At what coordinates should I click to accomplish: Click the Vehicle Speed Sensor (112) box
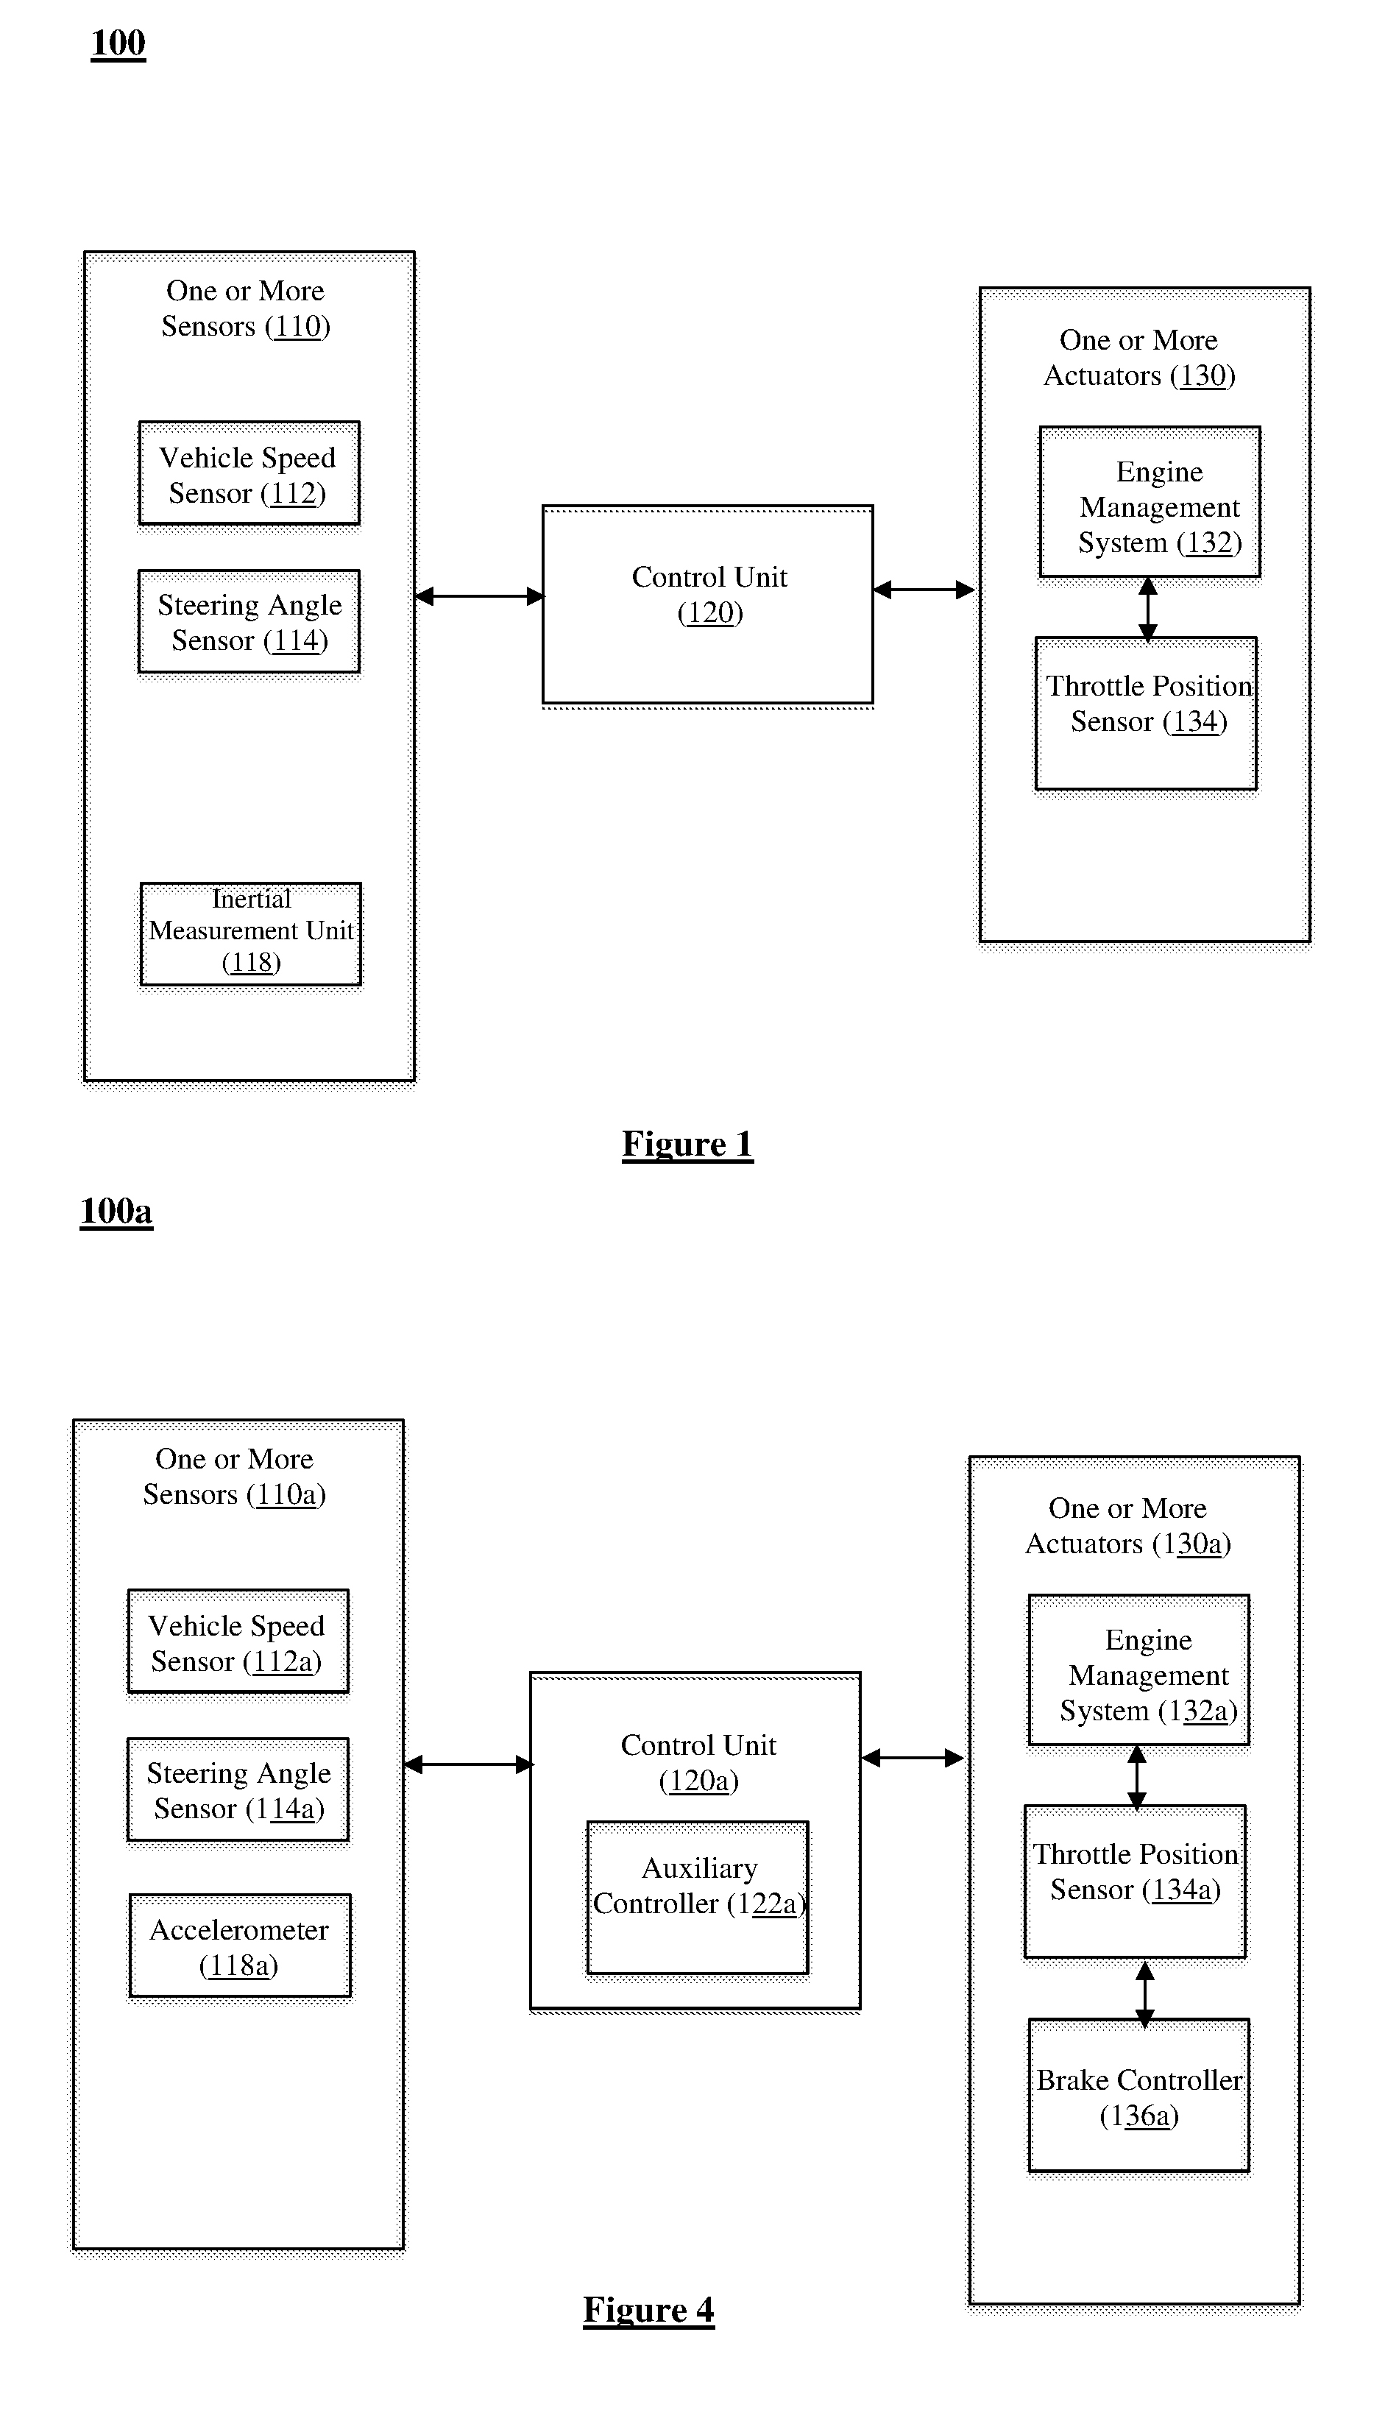249,473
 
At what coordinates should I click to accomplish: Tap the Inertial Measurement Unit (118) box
250,934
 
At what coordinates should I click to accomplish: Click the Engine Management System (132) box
1150,502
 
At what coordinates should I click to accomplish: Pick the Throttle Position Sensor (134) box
1147,713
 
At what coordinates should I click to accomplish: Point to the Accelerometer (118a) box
240,1946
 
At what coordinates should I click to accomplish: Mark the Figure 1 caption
687,1144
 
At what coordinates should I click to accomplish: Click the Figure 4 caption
649,2310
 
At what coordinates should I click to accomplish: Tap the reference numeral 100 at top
118,43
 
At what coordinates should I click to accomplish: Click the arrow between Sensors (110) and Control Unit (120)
479,596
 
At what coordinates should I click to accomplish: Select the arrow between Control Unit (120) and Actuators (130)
924,590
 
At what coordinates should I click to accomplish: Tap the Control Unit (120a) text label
699,1762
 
